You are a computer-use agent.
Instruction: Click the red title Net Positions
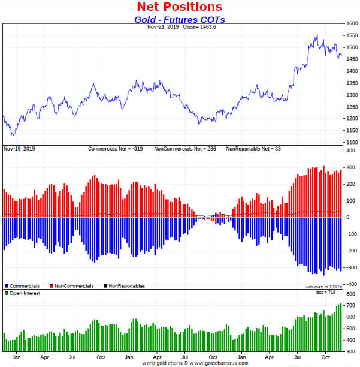point(180,7)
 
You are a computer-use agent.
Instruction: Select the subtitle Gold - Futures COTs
point(180,19)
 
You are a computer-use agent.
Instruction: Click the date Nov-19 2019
point(20,148)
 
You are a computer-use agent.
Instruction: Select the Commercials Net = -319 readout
point(119,148)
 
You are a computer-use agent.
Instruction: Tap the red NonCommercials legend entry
point(72,286)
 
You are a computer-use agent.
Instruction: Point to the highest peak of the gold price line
point(316,35)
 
